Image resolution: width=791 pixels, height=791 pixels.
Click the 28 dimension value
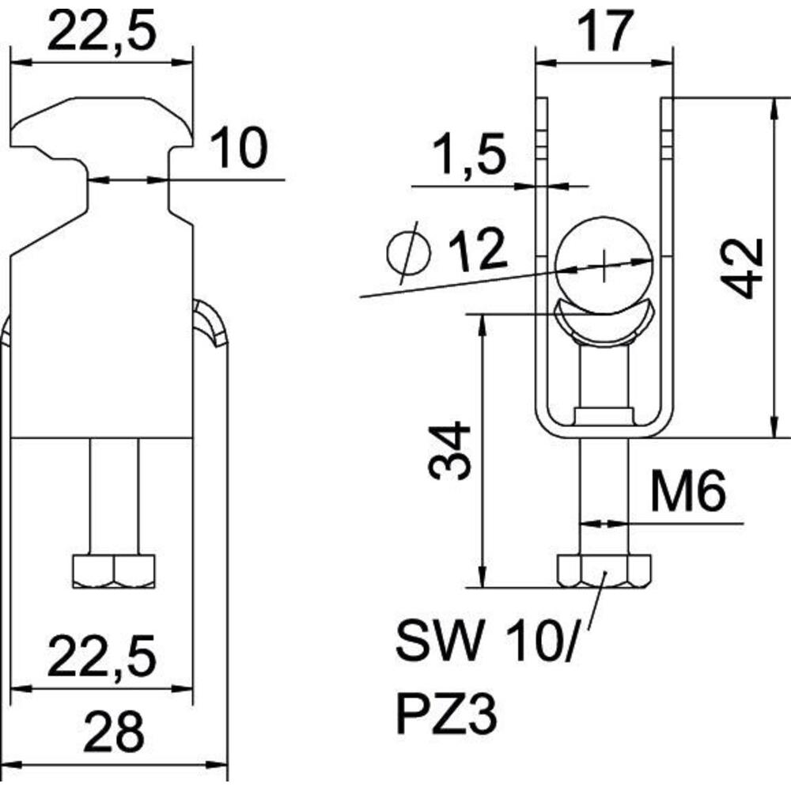pos(113,731)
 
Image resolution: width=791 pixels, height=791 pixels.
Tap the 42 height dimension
pos(742,268)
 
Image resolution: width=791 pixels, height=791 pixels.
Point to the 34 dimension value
pos(449,451)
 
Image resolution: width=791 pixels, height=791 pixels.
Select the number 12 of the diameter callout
pos(477,249)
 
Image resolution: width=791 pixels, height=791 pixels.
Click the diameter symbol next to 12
pos(409,252)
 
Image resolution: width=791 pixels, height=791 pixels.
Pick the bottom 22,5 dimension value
pos(101,657)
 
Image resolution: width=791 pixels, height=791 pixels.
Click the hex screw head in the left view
pos(114,572)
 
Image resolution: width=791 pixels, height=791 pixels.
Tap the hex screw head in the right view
pos(604,571)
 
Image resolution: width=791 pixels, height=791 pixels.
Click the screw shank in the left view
pos(114,497)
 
